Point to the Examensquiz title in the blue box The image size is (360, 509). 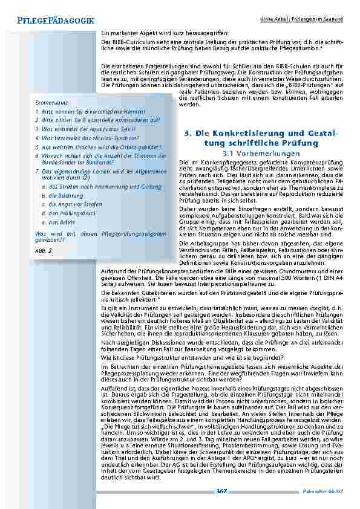(53, 103)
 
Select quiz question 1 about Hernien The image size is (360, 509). (90, 112)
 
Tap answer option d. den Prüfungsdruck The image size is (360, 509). (67, 213)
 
